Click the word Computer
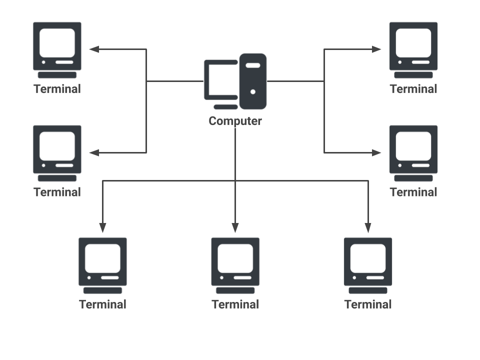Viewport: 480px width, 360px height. pyautogui.click(x=235, y=121)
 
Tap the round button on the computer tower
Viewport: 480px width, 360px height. pyautogui.click(x=253, y=91)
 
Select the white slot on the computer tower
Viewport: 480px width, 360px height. pyautogui.click(x=253, y=65)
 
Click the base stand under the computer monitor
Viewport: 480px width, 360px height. pyautogui.click(x=225, y=107)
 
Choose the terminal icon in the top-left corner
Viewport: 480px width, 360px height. pyautogui.click(x=57, y=50)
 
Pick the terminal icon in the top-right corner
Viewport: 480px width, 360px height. pyautogui.click(x=413, y=50)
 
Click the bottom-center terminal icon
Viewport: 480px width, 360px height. pyautogui.click(x=235, y=265)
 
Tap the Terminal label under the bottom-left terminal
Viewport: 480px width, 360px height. pyautogui.click(x=102, y=304)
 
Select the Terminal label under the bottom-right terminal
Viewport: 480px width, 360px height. pyautogui.click(x=368, y=304)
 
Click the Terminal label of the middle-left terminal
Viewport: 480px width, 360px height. pyautogui.click(x=57, y=192)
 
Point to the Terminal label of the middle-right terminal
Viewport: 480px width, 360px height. pyautogui.click(x=413, y=192)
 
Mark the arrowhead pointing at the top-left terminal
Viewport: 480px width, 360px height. pyautogui.click(x=94, y=49)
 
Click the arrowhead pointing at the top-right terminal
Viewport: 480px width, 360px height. pyautogui.click(x=376, y=49)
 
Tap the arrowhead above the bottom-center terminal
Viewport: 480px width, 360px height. pyautogui.click(x=235, y=228)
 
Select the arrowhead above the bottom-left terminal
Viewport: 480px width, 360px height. pyautogui.click(x=102, y=228)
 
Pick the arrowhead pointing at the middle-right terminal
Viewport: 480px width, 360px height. pyautogui.click(x=376, y=152)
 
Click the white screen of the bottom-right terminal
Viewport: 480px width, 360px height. pyautogui.click(x=368, y=258)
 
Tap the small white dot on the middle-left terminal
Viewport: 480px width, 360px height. pyautogui.click(x=43, y=165)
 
